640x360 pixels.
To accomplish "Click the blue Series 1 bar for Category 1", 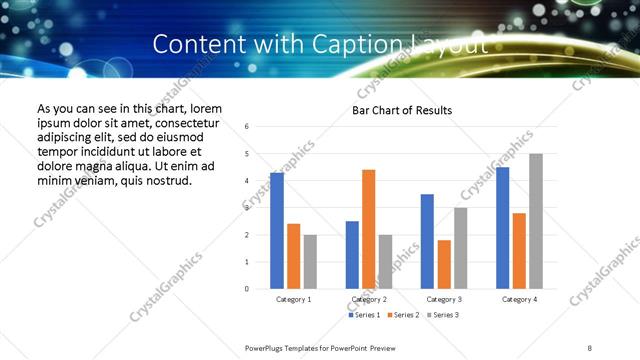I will coord(277,230).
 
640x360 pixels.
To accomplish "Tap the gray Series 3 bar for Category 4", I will coord(536,221).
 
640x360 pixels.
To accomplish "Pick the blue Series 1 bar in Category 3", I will coord(427,241).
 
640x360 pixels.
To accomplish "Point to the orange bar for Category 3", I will coord(444,264).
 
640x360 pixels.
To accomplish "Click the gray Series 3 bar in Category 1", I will coord(310,261).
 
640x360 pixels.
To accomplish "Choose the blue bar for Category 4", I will coord(502,228).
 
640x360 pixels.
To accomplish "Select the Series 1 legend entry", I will coord(363,315).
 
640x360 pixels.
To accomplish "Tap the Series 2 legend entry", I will coord(404,315).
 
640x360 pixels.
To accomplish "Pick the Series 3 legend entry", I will coord(444,315).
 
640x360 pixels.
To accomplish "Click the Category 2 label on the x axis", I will coord(368,299).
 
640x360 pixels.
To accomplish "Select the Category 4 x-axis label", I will coord(519,299).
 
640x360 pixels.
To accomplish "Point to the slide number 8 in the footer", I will coord(590,347).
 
